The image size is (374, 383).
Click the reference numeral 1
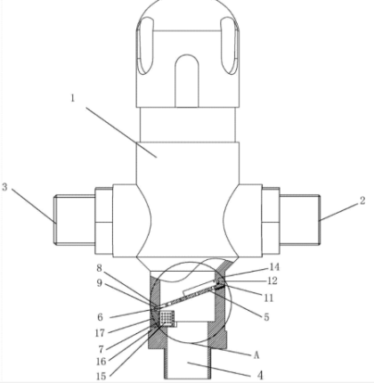point(73,98)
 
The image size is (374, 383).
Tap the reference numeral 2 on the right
point(362,201)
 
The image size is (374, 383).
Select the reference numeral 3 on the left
point(4,187)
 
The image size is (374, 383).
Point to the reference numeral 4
point(260,376)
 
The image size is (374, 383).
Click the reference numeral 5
point(266,317)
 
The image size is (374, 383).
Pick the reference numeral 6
point(101,317)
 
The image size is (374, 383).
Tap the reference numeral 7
point(101,349)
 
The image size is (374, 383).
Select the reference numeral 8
point(99,268)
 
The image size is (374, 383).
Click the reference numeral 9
point(99,283)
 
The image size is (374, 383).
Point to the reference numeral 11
point(268,297)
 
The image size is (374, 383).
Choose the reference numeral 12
point(272,281)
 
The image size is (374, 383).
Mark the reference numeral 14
point(274,267)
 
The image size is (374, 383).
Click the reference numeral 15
point(102,376)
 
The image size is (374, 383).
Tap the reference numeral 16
point(101,362)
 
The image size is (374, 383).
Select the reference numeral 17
point(100,333)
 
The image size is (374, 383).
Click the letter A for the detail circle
point(256,355)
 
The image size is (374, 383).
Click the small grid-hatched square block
point(167,318)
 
